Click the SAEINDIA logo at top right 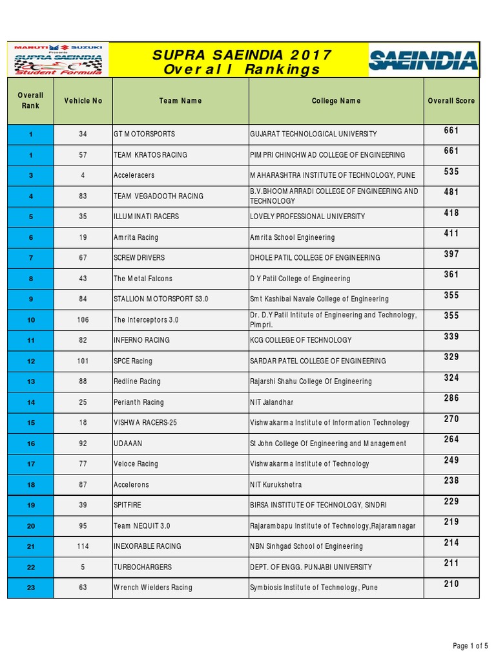(x=423, y=60)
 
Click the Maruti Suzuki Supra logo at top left (x=59, y=60)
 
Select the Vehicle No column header (x=83, y=101)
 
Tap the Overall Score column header (x=451, y=101)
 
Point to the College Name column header (x=336, y=101)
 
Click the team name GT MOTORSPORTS (x=144, y=134)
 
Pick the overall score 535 (x=451, y=172)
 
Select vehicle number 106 (x=83, y=320)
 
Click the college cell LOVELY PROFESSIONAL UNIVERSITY (x=307, y=217)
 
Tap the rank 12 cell (x=31, y=361)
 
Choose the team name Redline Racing (x=137, y=381)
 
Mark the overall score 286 (x=451, y=398)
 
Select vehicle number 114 (x=83, y=546)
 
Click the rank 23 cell (x=31, y=588)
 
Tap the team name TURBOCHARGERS (x=143, y=567)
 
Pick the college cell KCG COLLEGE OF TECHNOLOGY (x=301, y=340)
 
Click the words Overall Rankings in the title (x=242, y=69)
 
